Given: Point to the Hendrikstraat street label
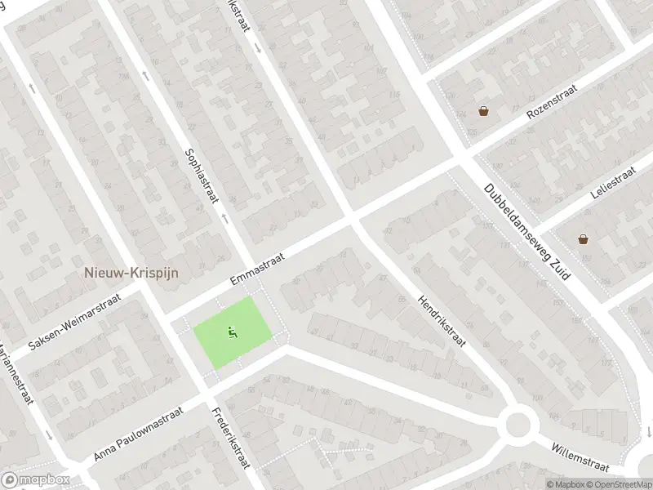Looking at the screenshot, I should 441,320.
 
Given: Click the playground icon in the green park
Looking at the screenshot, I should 232,332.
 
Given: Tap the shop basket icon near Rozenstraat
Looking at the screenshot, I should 484,111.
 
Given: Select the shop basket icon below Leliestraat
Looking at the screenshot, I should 583,239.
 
